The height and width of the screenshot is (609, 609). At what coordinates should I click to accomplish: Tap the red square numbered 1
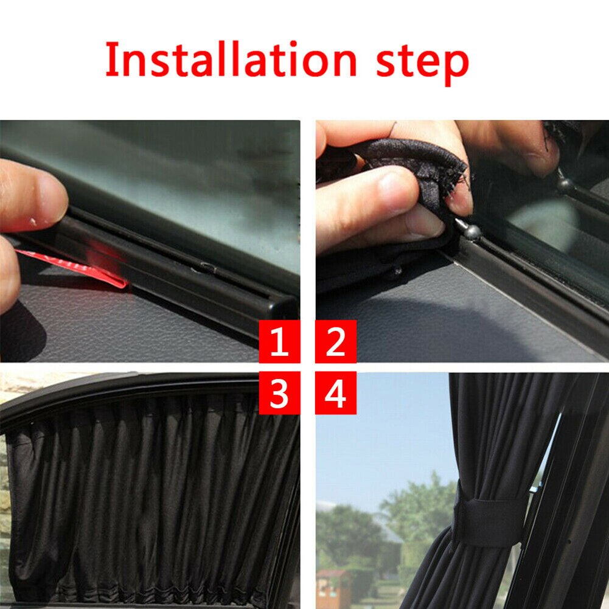[x=279, y=343]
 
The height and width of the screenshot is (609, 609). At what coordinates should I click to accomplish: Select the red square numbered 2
[x=336, y=343]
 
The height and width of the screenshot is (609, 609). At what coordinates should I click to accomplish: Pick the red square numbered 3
[x=279, y=394]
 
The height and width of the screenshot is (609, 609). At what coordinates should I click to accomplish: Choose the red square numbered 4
[x=336, y=394]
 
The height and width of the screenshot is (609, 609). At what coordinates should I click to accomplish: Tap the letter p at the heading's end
[x=454, y=64]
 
